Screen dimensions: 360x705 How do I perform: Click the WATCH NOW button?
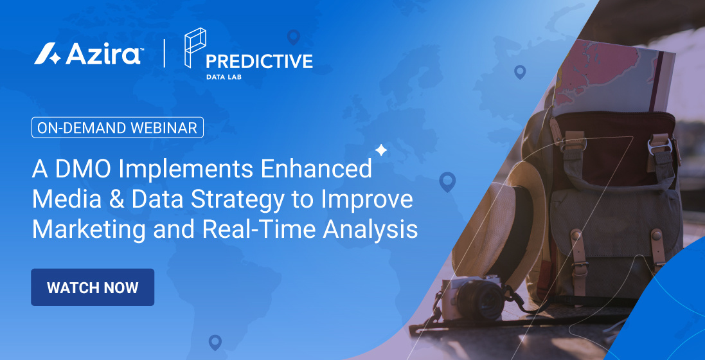[93, 287]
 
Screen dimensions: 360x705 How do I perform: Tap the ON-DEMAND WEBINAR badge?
[118, 127]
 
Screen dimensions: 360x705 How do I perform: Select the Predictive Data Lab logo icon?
[194, 48]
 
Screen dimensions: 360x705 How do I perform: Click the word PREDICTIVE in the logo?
[259, 62]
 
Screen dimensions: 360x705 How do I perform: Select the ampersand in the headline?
[114, 199]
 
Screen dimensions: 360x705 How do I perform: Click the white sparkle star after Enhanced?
[381, 150]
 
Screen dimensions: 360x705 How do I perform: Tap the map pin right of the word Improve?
[447, 182]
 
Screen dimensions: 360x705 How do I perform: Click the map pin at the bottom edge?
[215, 343]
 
